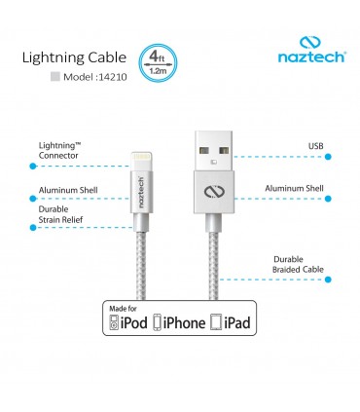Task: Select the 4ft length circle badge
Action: [x=157, y=62]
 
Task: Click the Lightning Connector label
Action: [x=58, y=148]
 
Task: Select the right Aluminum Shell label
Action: [x=295, y=189]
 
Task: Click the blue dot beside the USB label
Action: [x=328, y=156]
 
